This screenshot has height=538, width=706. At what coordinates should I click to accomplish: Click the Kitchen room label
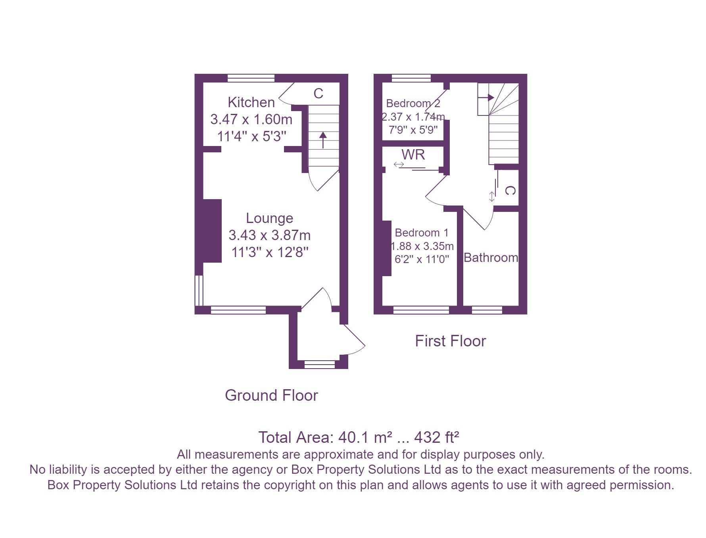251,102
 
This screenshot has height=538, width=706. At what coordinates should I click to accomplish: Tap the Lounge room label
269,218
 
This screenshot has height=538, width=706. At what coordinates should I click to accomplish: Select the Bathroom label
491,258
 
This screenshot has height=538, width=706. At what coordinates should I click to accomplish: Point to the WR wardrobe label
413,154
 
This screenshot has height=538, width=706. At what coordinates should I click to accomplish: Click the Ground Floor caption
271,396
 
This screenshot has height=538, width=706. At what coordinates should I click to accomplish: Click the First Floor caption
450,341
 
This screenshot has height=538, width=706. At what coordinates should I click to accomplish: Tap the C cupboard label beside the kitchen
318,94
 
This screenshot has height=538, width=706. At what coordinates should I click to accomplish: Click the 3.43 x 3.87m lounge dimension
269,235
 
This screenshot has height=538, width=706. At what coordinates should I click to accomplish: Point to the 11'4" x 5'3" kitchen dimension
251,136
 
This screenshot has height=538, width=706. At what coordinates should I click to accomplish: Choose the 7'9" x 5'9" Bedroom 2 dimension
413,130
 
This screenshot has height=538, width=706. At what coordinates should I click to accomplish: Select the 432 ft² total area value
437,437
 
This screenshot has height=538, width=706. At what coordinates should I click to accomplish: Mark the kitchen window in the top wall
251,78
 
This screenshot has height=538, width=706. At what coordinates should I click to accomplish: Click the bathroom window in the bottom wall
487,310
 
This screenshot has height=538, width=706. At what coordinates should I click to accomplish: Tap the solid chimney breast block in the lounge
212,231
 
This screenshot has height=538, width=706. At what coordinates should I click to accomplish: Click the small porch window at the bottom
320,364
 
